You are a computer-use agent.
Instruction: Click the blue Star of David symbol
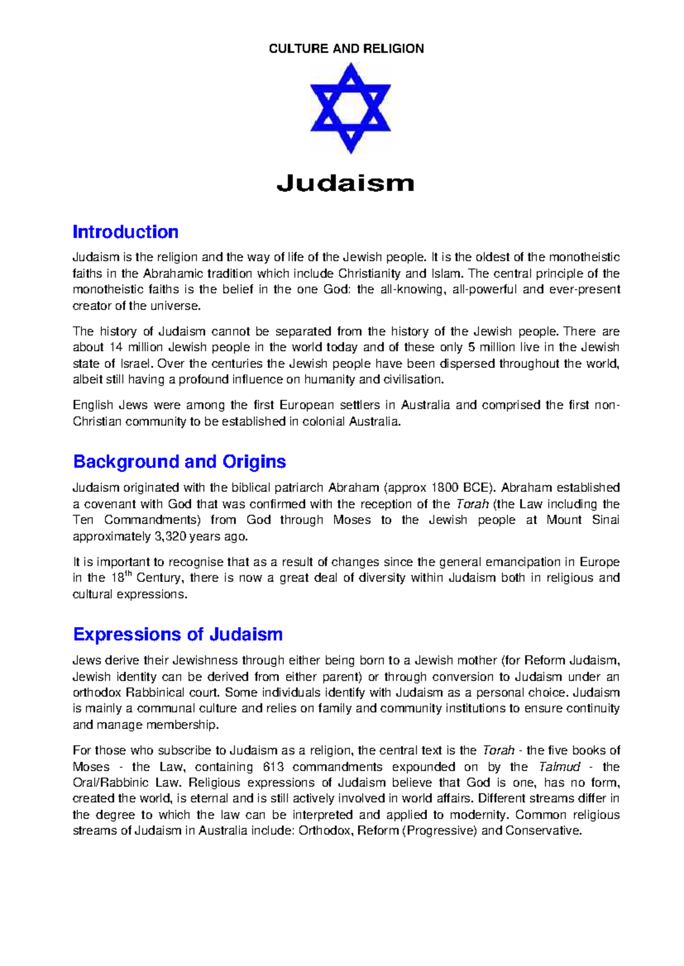(x=350, y=108)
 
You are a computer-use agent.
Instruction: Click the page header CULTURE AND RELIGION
(x=346, y=48)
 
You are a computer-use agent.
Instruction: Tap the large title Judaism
(x=345, y=183)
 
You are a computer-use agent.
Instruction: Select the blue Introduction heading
(x=125, y=232)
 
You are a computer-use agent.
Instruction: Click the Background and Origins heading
(x=180, y=461)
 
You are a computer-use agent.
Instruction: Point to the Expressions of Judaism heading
(x=178, y=635)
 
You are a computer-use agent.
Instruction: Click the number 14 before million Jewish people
(x=115, y=347)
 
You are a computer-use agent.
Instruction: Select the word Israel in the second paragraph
(x=136, y=363)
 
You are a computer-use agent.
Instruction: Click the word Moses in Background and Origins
(x=351, y=520)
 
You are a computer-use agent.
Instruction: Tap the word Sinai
(x=605, y=520)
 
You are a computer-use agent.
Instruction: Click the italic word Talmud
(x=559, y=767)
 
